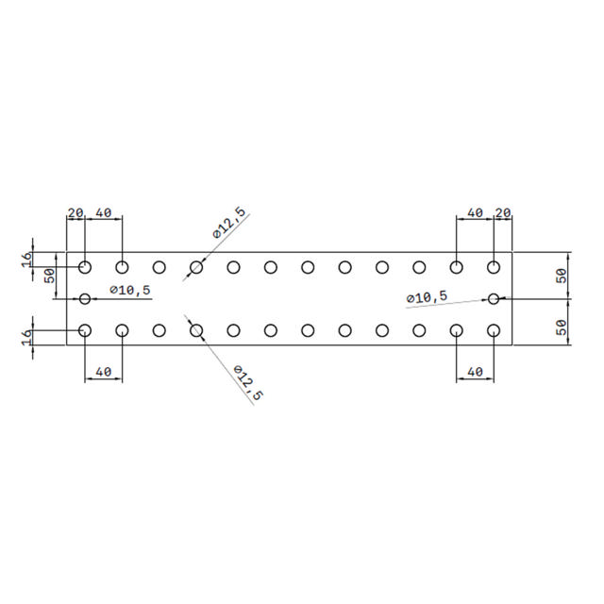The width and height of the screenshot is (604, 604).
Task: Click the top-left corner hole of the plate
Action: pos(85,267)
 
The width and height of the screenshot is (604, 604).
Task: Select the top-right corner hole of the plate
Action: pos(494,267)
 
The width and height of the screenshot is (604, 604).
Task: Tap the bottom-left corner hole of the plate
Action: pos(85,330)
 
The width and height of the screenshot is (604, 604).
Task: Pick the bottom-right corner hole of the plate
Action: pos(494,330)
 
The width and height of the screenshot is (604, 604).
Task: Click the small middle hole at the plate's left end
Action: pos(85,298)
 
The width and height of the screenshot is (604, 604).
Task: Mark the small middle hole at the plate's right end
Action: pos(494,298)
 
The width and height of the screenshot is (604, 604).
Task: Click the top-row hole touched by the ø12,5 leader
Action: pos(196,267)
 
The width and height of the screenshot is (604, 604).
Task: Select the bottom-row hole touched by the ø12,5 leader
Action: pos(196,330)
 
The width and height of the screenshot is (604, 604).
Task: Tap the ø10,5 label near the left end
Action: pos(130,290)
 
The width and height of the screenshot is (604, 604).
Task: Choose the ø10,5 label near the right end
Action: pos(427,297)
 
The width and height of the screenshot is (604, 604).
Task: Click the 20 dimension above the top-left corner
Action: pos(75,212)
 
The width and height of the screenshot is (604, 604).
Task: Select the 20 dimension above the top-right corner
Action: pos(503,212)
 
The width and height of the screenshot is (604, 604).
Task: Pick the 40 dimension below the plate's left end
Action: pos(103,372)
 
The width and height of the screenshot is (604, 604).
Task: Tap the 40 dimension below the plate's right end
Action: pos(475,372)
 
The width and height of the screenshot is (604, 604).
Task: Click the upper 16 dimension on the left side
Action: pos(26,258)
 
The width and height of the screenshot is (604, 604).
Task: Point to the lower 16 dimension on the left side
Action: pos(26,336)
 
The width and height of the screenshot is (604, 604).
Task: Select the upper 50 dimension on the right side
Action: pos(561,276)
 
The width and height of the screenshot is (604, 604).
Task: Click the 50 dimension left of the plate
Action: pos(48,276)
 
